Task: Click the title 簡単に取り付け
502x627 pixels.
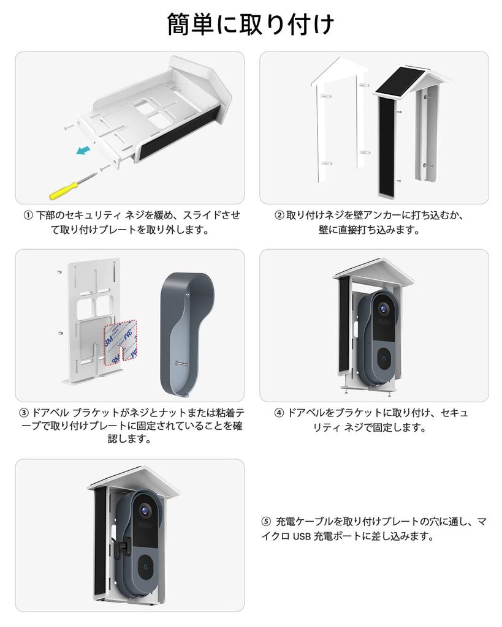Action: click(x=251, y=25)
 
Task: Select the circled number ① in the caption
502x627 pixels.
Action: click(x=28, y=216)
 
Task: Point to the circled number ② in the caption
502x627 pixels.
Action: click(x=280, y=216)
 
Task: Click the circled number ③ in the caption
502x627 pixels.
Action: click(x=24, y=413)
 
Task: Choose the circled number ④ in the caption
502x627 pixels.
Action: click(x=280, y=413)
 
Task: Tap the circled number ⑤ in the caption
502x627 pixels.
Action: click(x=265, y=522)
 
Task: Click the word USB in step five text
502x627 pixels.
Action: click(x=302, y=537)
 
